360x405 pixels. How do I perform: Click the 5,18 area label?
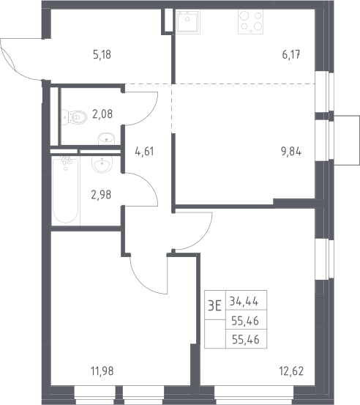102,55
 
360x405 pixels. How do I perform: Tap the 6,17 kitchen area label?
291,55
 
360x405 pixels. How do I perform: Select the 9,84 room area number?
291,152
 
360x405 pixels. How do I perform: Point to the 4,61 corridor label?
144,152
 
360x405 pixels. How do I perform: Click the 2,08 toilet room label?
102,114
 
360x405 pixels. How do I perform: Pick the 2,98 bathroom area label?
101,195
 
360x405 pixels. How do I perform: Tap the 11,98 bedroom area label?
102,371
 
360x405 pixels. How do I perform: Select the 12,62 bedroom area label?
291,371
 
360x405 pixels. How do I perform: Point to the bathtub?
66,190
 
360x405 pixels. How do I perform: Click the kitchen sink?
188,21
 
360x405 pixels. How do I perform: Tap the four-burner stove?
250,22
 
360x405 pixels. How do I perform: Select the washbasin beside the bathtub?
102,165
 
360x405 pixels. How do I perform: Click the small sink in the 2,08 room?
106,138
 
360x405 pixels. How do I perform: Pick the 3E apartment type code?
214,306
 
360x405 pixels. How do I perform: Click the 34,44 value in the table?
244,301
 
